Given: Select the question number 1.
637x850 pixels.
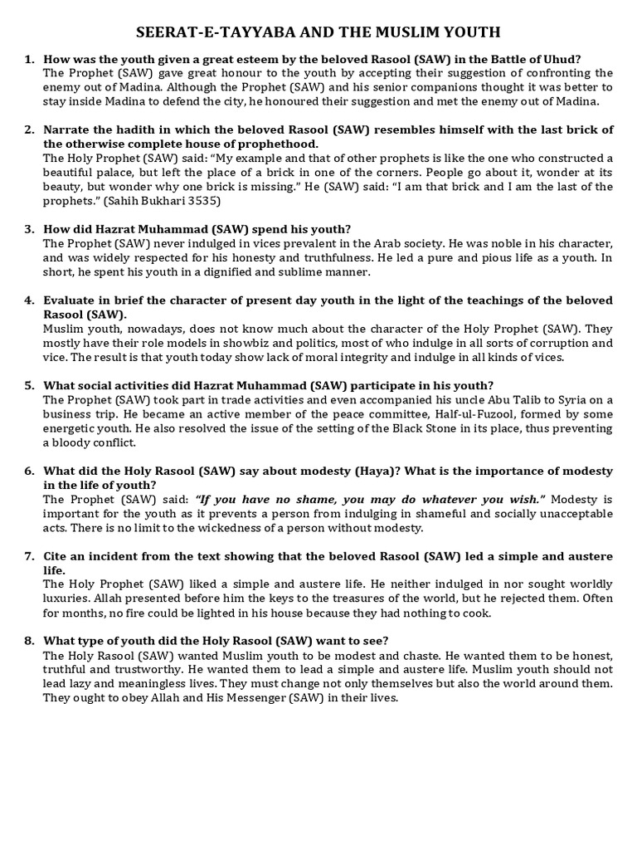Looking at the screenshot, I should [x=29, y=59].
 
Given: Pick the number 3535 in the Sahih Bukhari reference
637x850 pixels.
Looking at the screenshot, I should [x=203, y=201].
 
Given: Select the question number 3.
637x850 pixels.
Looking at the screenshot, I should [x=29, y=229].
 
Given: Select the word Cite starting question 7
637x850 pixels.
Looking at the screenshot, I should [x=56, y=556].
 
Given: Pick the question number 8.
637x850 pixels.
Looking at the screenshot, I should [x=29, y=640].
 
